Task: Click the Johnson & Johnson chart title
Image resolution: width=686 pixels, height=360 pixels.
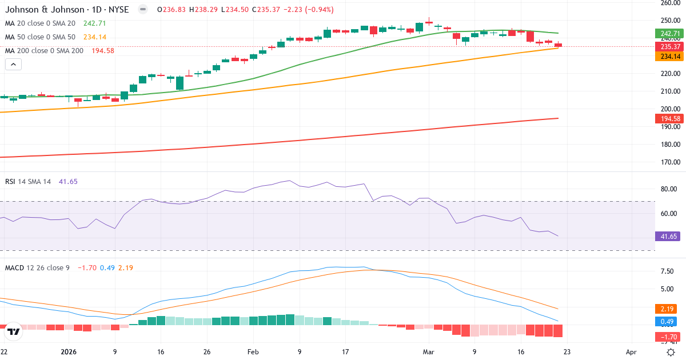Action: (66, 10)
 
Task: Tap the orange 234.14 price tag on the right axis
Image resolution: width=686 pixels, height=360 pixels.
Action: (669, 57)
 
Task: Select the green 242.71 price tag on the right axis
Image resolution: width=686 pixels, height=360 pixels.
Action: (669, 34)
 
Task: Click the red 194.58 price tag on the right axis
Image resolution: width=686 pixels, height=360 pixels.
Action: (669, 118)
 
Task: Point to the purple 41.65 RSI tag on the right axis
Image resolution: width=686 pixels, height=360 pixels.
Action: (669, 236)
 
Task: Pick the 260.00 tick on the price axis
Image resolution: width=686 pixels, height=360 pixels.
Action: (669, 3)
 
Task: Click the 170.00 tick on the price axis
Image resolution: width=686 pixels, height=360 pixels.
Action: (669, 162)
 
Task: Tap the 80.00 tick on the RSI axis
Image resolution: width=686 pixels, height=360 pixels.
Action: (669, 189)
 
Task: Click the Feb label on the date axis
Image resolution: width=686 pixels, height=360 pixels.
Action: (253, 352)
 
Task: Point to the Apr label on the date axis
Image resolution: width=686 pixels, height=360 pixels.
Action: (631, 352)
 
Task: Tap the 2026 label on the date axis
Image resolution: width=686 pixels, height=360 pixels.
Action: (68, 352)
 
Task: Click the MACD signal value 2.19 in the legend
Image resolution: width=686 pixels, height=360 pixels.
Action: (125, 267)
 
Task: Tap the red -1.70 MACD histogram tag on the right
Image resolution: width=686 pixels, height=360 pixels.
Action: (669, 337)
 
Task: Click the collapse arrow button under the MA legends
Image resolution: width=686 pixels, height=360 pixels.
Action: (13, 64)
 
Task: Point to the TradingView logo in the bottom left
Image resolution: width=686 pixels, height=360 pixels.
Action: (13, 331)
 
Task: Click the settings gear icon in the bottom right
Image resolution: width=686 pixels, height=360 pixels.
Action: (672, 352)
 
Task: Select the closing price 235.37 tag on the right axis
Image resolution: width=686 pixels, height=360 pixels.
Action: (669, 46)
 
